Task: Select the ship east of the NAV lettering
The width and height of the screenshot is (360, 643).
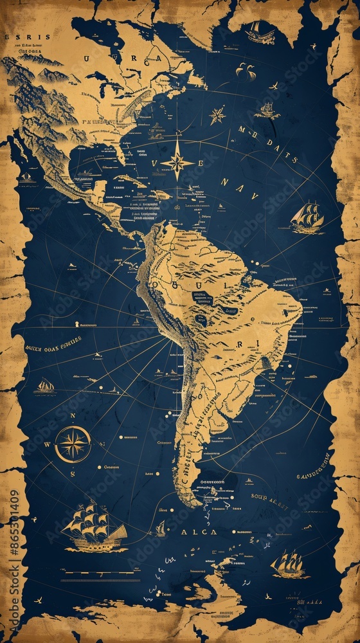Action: [307, 217]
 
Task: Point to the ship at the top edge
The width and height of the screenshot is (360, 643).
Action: [260, 32]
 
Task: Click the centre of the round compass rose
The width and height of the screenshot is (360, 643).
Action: [73, 444]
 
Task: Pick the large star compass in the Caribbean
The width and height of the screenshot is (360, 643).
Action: [177, 161]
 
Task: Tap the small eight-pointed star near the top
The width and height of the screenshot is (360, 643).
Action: [217, 116]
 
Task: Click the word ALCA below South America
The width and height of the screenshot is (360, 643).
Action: [199, 532]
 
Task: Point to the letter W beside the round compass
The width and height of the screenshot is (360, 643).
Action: [47, 444]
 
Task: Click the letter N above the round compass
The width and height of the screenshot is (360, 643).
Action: [73, 416]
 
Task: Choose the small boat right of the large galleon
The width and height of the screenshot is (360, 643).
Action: [160, 529]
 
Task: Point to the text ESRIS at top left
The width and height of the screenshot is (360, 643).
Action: [18, 37]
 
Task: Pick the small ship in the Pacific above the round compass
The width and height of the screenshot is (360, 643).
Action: [45, 386]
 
